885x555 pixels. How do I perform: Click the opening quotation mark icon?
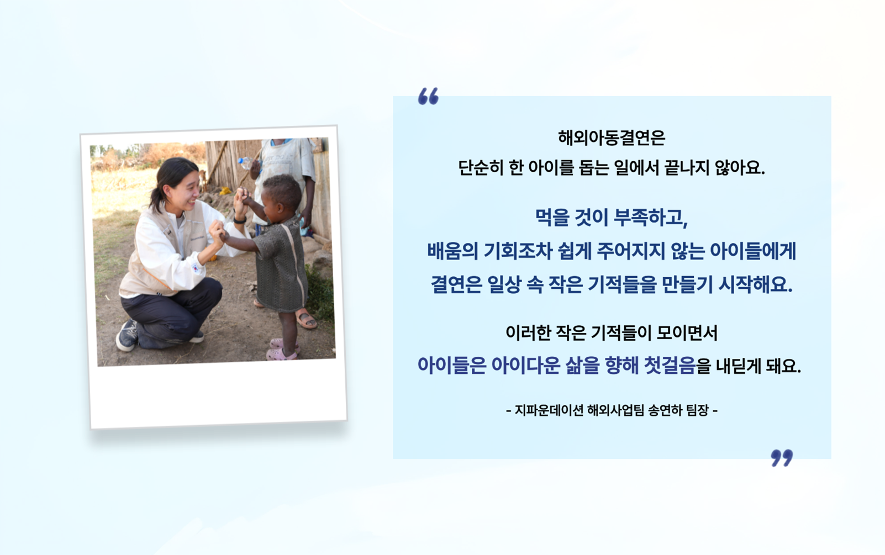pyautogui.click(x=428, y=96)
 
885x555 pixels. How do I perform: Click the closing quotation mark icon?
pyautogui.click(x=781, y=457)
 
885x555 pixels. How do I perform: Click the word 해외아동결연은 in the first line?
pyautogui.click(x=611, y=138)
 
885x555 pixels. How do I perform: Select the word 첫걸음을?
pyautogui.click(x=677, y=366)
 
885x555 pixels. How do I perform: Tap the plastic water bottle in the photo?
pyautogui.click(x=246, y=163)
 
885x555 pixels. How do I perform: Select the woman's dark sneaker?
pyautogui.click(x=127, y=335)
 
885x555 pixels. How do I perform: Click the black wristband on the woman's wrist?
pyautogui.click(x=239, y=220)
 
